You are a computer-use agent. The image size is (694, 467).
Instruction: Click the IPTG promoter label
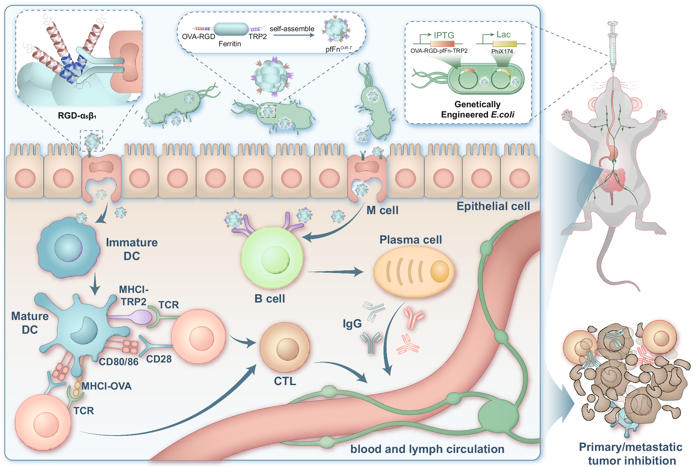pyautogui.click(x=444, y=35)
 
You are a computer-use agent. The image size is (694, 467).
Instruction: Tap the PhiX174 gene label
pyautogui.click(x=502, y=51)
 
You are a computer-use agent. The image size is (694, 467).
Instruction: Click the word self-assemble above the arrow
pyautogui.click(x=292, y=29)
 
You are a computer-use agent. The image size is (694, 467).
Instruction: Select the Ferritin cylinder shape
pyautogui.click(x=231, y=29)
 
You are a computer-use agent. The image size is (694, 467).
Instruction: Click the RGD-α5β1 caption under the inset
pyautogui.click(x=77, y=116)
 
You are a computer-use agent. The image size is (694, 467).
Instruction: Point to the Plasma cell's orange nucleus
pyautogui.click(x=439, y=271)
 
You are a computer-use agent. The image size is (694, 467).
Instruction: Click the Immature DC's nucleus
pyautogui.click(x=68, y=248)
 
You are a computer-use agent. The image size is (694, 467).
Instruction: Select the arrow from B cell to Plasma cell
pyautogui.click(x=336, y=272)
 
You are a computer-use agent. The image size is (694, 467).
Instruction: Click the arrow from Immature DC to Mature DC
pyautogui.click(x=95, y=284)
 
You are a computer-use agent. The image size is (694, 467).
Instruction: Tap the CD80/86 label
pyautogui.click(x=119, y=362)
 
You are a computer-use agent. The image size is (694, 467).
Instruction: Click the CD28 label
pyautogui.click(x=159, y=359)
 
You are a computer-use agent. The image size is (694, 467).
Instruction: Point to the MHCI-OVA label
pyautogui.click(x=106, y=386)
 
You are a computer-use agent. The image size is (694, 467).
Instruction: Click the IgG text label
pyautogui.click(x=352, y=323)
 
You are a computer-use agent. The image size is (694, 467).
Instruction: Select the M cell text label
pyautogui.click(x=382, y=210)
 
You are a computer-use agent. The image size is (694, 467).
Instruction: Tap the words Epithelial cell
pyautogui.click(x=493, y=206)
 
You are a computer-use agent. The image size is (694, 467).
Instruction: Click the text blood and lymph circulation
pyautogui.click(x=427, y=449)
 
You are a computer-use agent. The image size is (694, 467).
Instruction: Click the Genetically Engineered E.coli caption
pyautogui.click(x=477, y=109)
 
